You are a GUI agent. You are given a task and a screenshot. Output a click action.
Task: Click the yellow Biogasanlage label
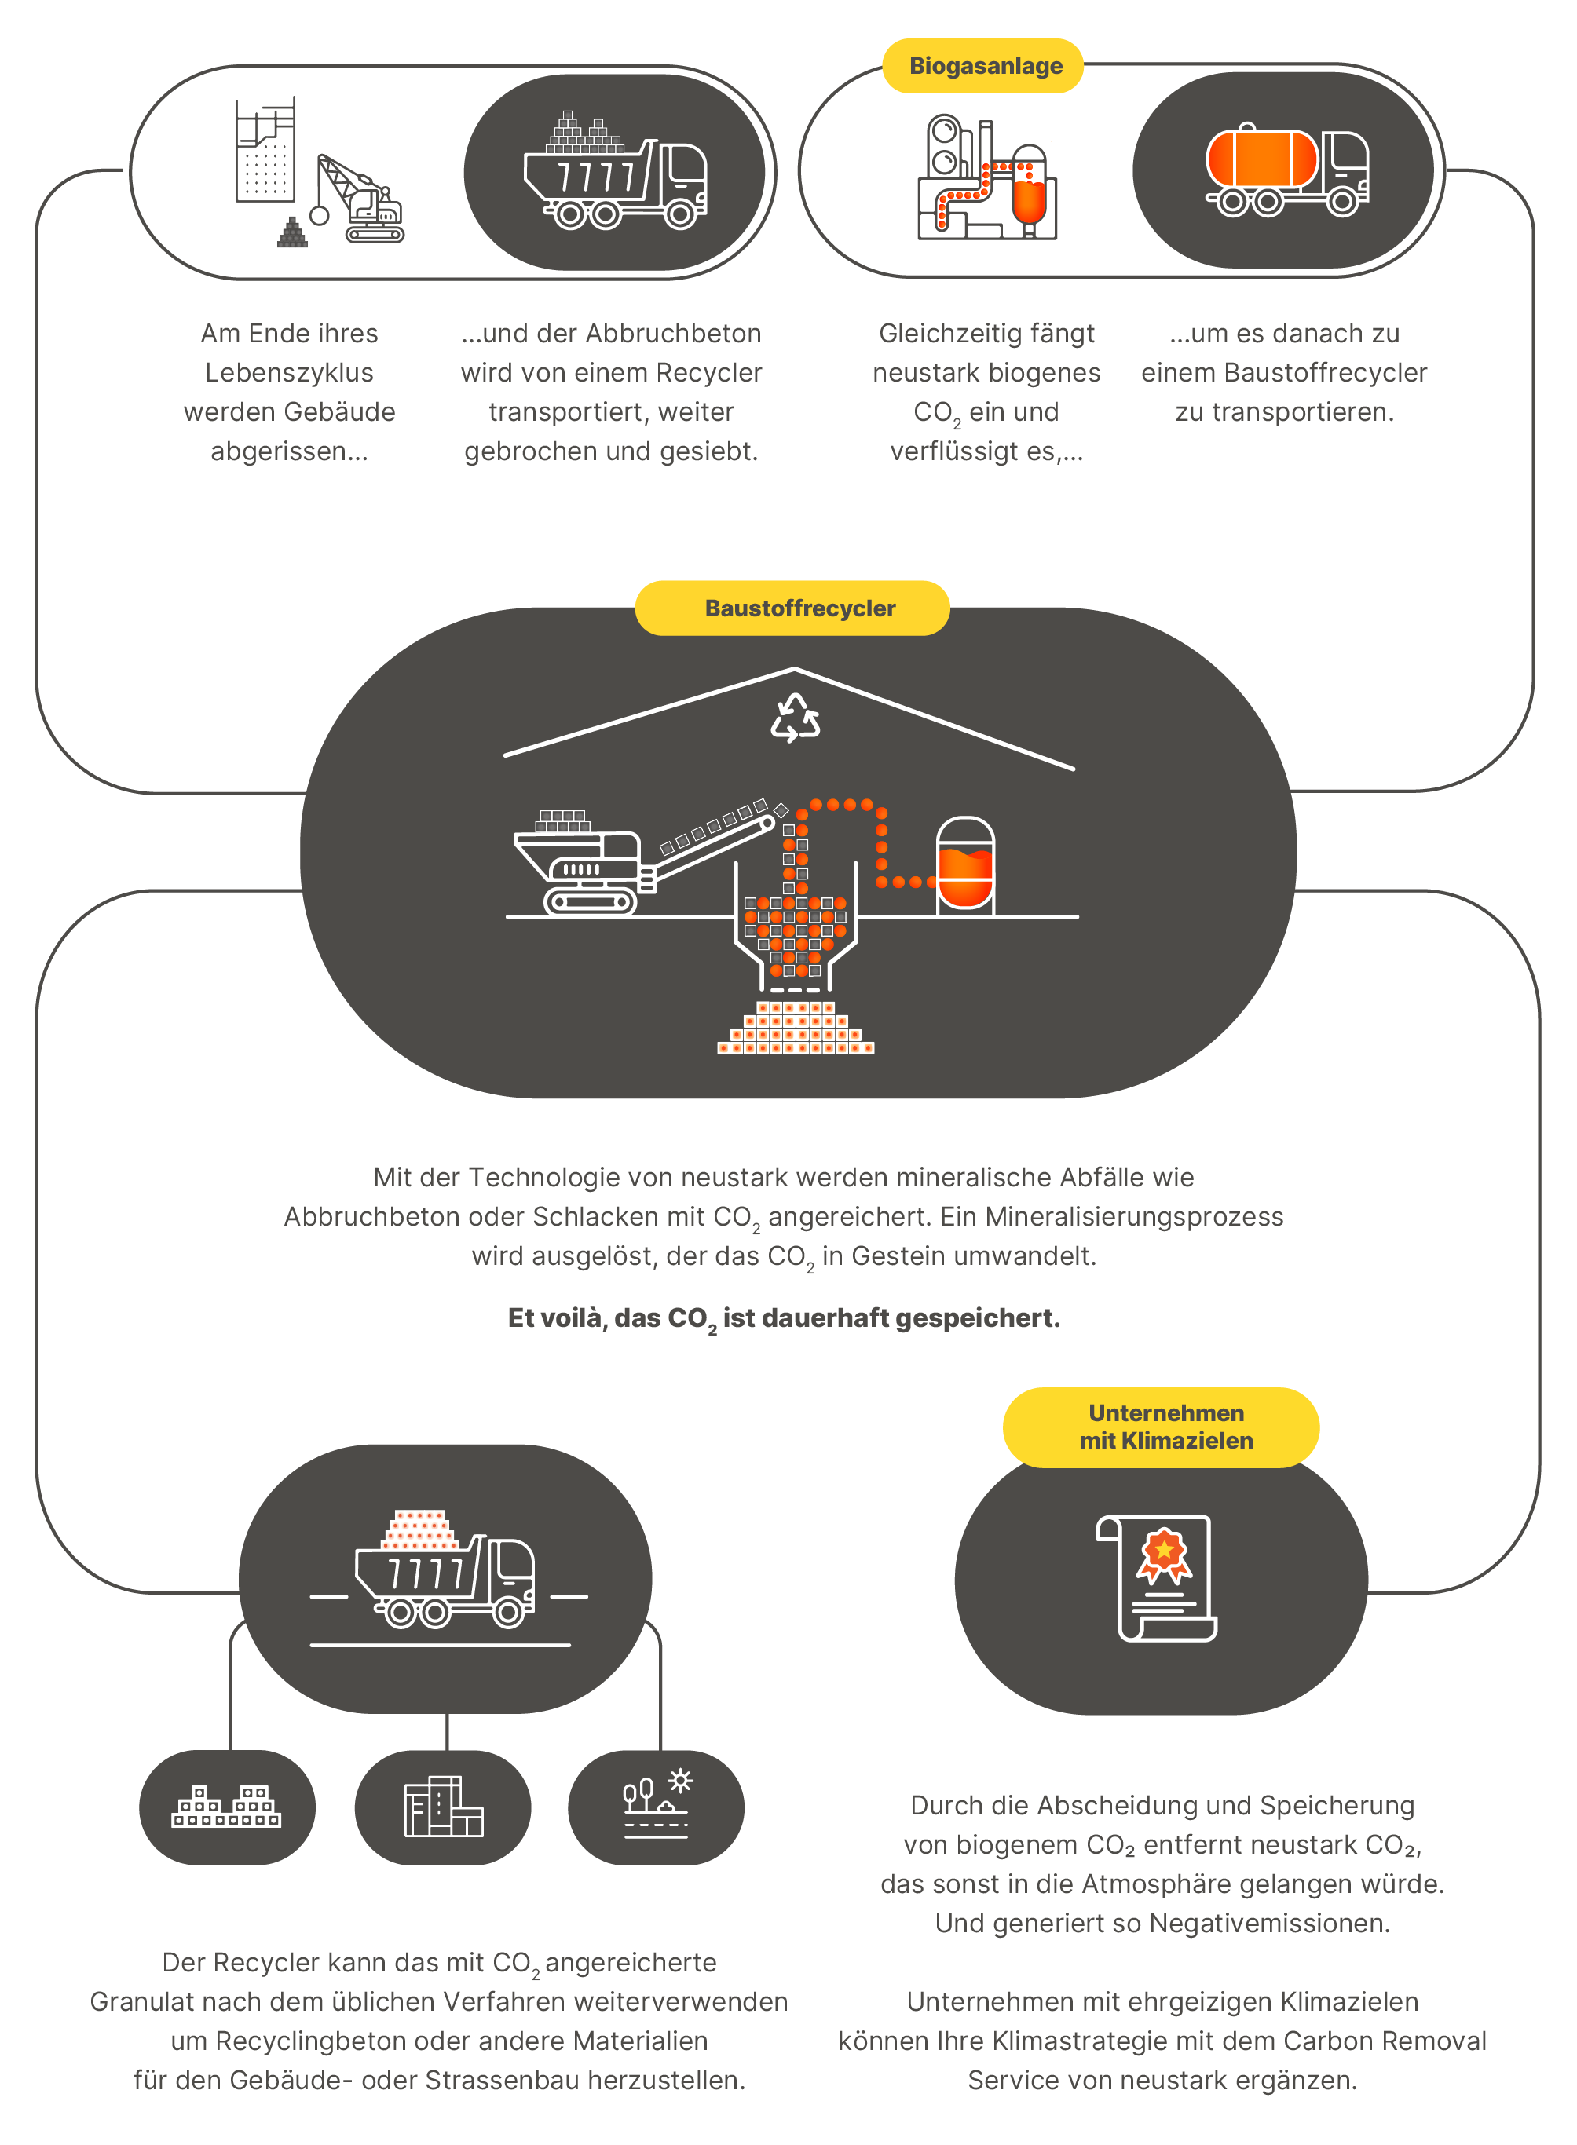coord(985,66)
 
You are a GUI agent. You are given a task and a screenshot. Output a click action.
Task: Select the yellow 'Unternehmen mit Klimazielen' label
coord(1165,1427)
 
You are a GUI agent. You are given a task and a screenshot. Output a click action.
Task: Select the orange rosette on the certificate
coord(1164,1551)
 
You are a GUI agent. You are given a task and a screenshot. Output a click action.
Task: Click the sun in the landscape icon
coord(681,1781)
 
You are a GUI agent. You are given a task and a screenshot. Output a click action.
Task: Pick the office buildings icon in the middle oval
coord(443,1807)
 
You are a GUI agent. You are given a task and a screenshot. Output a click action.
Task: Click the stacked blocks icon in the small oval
coord(226,1807)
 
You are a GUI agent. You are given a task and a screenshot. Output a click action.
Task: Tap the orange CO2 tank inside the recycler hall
coord(965,865)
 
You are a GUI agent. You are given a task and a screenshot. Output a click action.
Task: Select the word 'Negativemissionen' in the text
coord(1270,1923)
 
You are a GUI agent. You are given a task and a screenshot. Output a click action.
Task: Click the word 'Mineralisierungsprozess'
coord(1134,1217)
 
